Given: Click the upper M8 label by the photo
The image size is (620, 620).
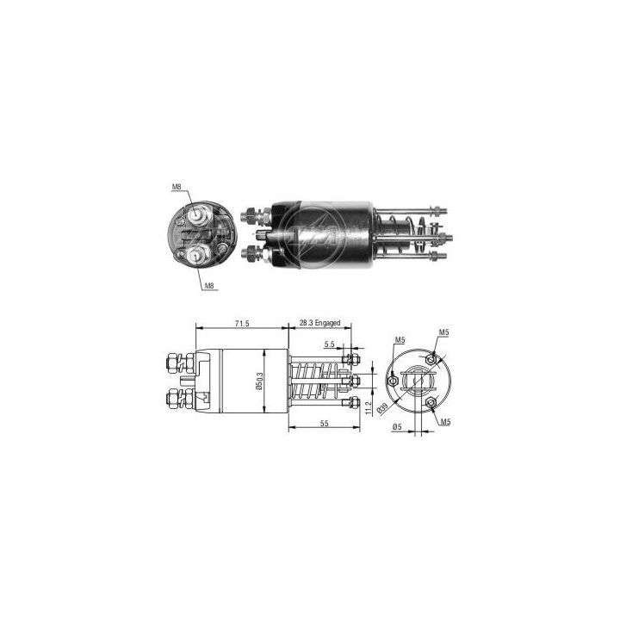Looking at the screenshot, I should click(x=177, y=187).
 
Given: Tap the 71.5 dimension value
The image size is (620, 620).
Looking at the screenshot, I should click(x=242, y=323).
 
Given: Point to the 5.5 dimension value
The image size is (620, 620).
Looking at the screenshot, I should click(x=330, y=344).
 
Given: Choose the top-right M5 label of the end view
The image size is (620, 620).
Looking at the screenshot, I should click(x=443, y=332).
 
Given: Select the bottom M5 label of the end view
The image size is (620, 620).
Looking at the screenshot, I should click(x=443, y=423).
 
